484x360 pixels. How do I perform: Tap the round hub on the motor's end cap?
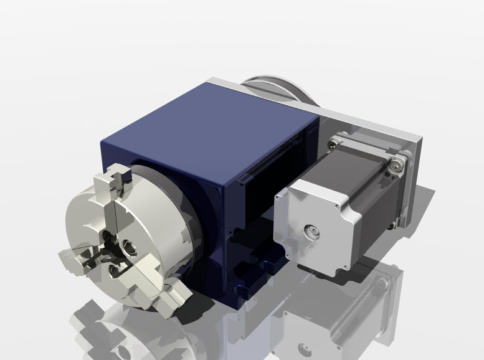pos(310,233)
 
